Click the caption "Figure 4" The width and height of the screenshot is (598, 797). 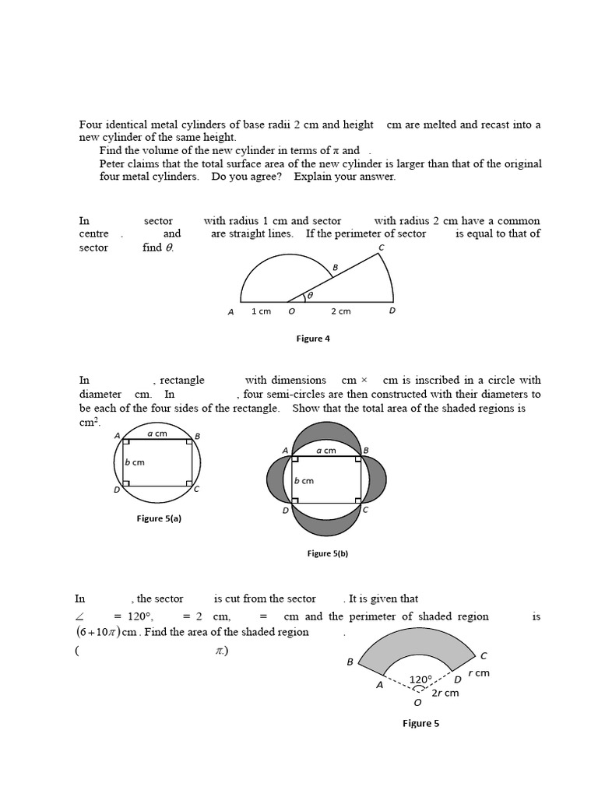(313, 339)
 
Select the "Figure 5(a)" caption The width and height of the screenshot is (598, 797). (159, 518)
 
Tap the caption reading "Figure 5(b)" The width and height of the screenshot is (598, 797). (328, 553)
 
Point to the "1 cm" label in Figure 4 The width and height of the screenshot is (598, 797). (261, 311)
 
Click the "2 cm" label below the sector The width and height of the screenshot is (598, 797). (340, 311)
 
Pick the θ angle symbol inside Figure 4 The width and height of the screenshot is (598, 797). (309, 296)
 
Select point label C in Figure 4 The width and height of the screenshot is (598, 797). (381, 248)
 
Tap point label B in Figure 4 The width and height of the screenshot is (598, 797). (335, 268)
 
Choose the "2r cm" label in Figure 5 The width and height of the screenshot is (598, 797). (445, 693)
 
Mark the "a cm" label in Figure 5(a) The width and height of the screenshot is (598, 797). (157, 434)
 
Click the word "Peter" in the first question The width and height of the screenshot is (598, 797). (114, 163)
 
